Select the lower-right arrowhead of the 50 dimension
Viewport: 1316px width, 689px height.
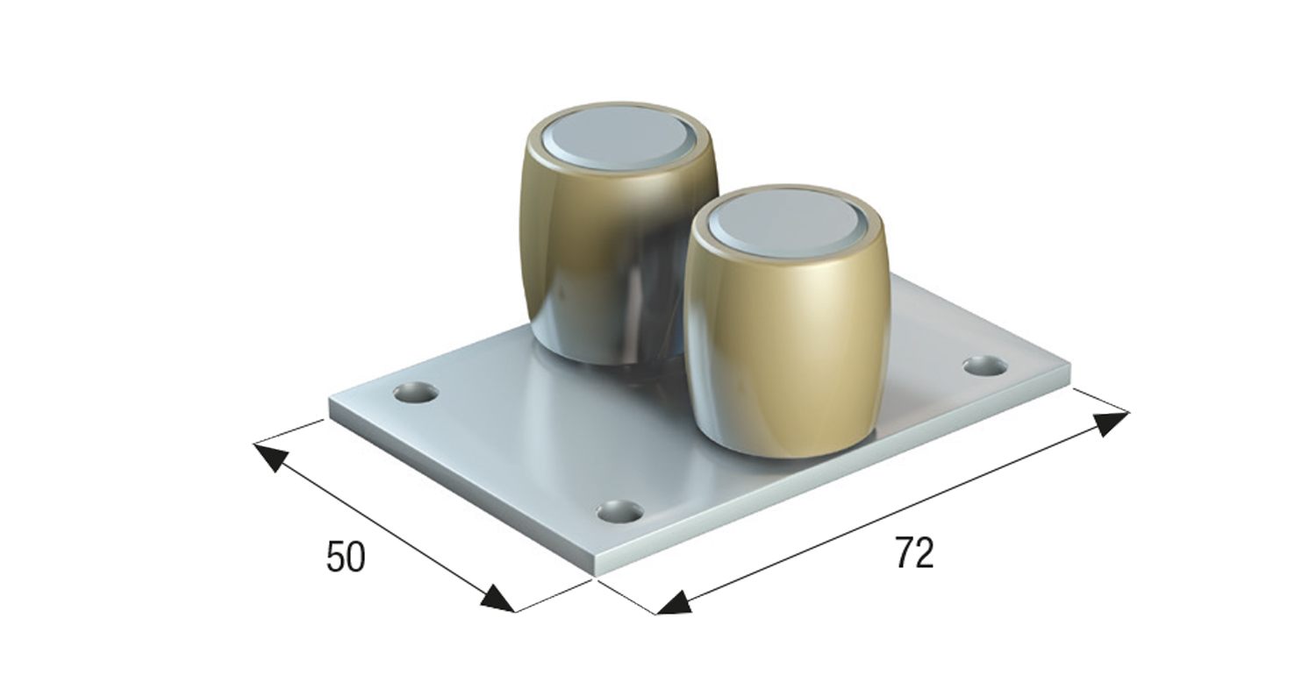(497, 599)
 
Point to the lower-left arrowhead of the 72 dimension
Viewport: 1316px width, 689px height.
(673, 603)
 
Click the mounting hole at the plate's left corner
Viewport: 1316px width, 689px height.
(416, 392)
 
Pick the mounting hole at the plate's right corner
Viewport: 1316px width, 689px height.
(986, 366)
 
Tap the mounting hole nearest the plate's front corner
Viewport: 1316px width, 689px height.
(620, 511)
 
